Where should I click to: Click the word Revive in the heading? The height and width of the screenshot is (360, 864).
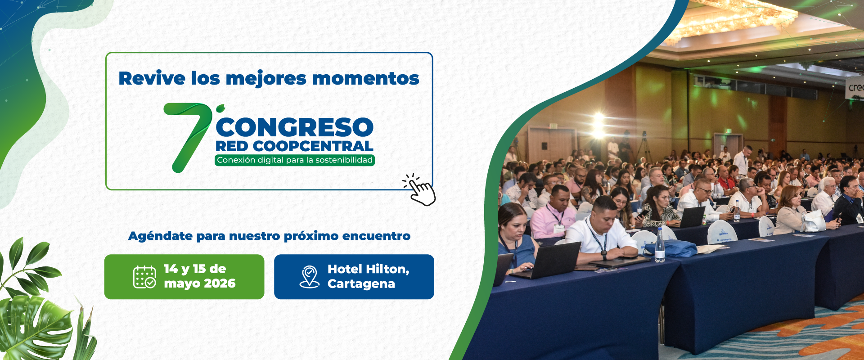[152, 78]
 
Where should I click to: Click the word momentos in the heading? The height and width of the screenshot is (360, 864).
[365, 79]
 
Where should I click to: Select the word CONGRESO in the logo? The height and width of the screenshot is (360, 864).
[295, 127]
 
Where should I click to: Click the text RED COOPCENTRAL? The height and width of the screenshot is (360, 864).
[294, 146]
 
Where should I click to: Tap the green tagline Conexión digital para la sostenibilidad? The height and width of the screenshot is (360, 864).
[295, 160]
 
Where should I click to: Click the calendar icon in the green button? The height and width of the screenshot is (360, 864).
[144, 277]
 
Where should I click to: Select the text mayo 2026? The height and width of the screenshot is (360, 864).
[200, 283]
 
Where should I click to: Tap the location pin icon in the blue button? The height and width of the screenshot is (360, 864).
[309, 277]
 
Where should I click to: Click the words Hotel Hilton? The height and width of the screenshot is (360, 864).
[368, 269]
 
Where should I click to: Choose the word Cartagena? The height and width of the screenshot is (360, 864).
[361, 284]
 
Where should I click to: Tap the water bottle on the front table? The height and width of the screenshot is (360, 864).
[660, 245]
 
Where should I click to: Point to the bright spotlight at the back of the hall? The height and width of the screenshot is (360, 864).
[598, 124]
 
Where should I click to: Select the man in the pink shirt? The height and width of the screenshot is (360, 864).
[553, 211]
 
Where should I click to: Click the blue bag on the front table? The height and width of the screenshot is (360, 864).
[670, 249]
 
